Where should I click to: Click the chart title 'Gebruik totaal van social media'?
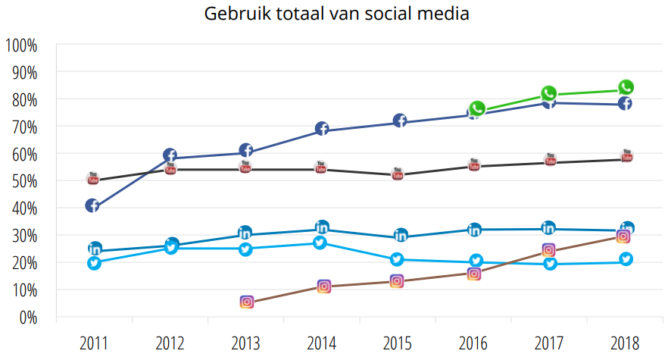(x=335, y=14)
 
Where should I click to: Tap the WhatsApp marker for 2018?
(x=626, y=87)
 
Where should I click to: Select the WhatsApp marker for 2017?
(x=549, y=93)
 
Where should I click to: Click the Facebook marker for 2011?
(x=92, y=205)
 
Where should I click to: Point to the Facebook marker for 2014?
(x=321, y=129)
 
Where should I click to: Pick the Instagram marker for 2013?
(x=247, y=302)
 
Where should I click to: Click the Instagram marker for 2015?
(x=397, y=280)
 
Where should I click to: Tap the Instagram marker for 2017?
(x=549, y=250)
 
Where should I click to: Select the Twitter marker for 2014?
(x=321, y=243)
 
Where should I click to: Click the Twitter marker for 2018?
(x=626, y=259)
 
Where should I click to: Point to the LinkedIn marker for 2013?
(x=245, y=232)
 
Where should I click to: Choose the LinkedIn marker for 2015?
(x=401, y=235)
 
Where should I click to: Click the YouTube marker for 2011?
(x=93, y=179)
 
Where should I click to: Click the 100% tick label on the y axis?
(x=21, y=45)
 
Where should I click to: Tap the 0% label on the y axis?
(x=27, y=317)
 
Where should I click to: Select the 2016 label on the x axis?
(x=473, y=343)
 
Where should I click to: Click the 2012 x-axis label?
(x=170, y=343)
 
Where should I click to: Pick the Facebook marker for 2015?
(x=399, y=121)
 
